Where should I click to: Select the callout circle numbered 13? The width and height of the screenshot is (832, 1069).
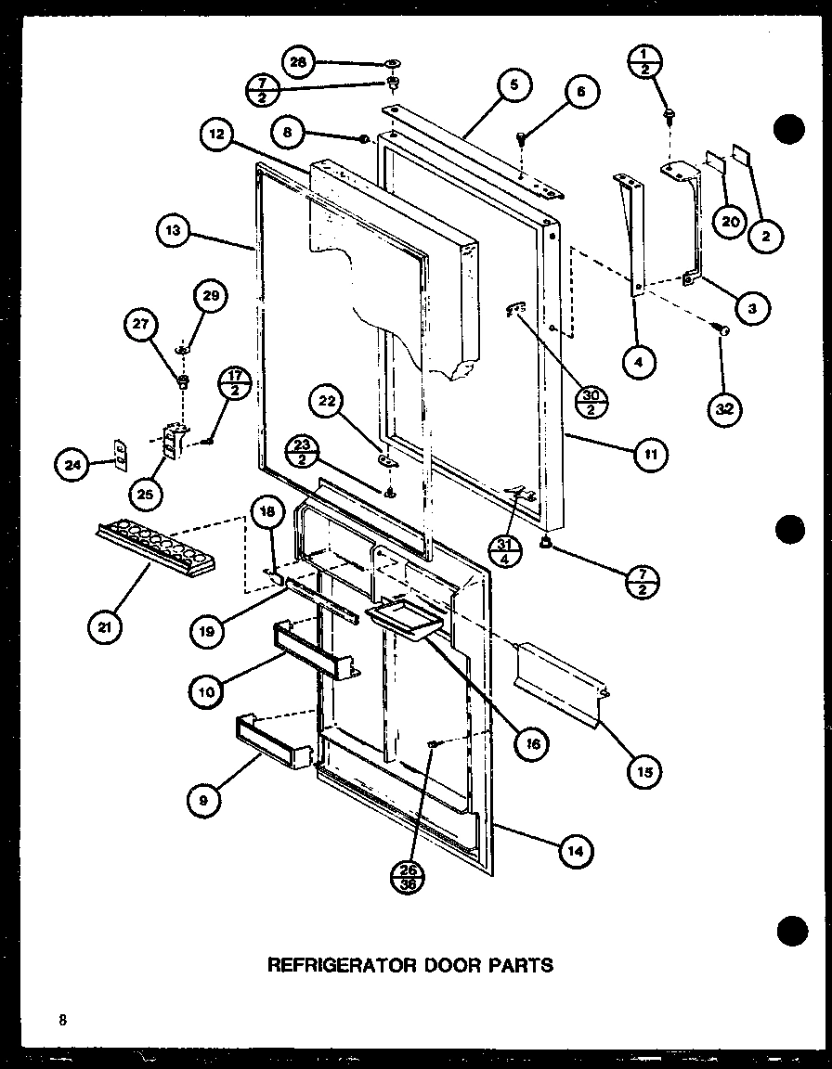(x=175, y=233)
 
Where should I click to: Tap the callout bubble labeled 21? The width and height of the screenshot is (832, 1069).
(x=106, y=627)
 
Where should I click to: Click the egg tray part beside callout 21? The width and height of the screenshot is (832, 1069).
(x=154, y=550)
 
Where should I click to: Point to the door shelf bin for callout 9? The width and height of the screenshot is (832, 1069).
(x=271, y=741)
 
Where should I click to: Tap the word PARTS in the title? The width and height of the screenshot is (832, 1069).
(x=521, y=965)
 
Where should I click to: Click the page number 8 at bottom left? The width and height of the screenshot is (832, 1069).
(x=62, y=1021)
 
